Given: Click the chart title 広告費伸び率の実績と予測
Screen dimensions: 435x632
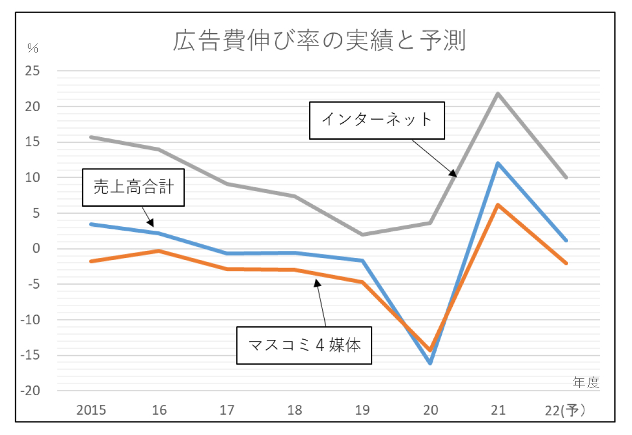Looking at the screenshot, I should (319, 41).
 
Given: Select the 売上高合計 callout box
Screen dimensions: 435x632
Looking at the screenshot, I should (133, 188).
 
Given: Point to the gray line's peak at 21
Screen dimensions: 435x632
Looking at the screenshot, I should (498, 94).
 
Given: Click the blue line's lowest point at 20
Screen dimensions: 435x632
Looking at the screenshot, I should (430, 363).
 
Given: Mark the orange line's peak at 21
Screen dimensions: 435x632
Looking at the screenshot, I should (498, 205).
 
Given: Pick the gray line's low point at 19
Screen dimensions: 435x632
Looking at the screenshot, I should (362, 234).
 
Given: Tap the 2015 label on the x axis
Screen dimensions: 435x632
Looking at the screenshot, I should (91, 410).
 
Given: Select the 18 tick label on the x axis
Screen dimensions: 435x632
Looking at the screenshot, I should (295, 410).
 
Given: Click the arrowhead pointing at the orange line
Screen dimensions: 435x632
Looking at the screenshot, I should (318, 283).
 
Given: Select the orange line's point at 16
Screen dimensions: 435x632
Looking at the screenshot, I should (159, 250).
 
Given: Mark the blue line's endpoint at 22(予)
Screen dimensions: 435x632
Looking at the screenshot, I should (566, 240).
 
